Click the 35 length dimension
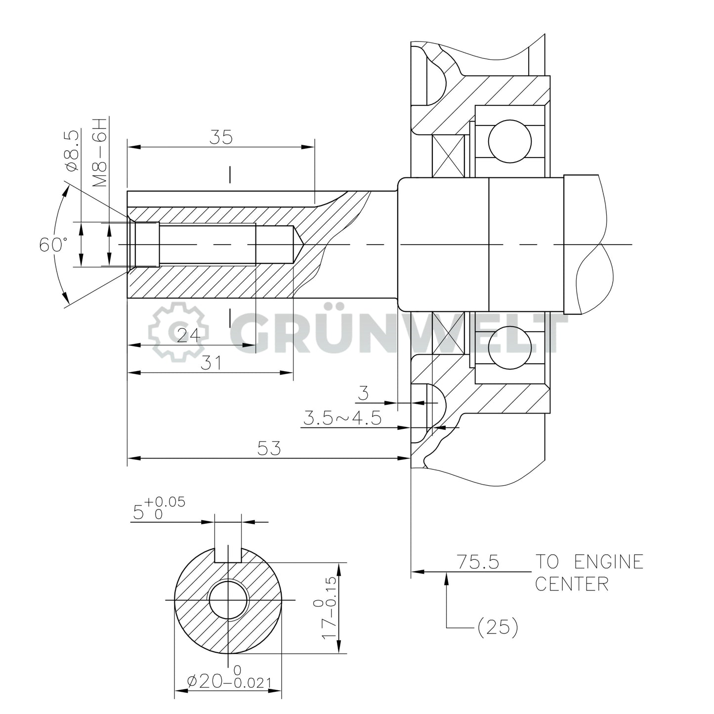pos(220,137)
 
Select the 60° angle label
pos(53,244)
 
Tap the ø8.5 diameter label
pos(72,150)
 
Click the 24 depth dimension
pos(188,336)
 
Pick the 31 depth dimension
pos(211,363)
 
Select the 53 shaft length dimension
pos(269,448)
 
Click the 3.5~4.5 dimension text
pos(342,419)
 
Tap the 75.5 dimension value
pos(477,562)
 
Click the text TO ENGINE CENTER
pos(589,573)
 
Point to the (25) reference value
pos(497,628)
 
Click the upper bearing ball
pos(509,140)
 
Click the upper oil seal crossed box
pos(448,156)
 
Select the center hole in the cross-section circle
pos(228,600)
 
